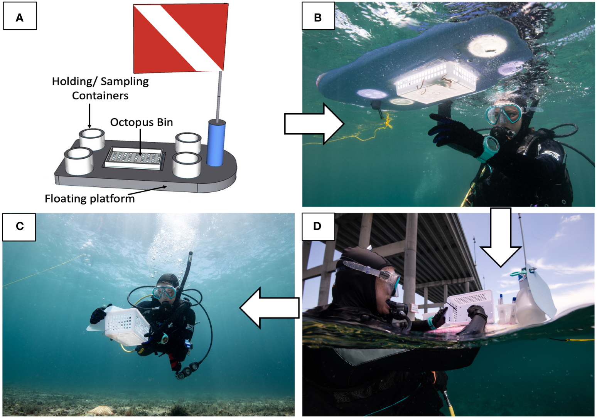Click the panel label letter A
point(19,18)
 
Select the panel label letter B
point(318,18)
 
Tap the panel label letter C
point(20,226)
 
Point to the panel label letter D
point(317,226)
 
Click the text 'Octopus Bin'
point(142,122)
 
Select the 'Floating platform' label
point(89,199)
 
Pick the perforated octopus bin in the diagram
point(133,159)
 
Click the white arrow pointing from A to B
point(314,124)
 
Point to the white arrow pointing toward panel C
point(270,308)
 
